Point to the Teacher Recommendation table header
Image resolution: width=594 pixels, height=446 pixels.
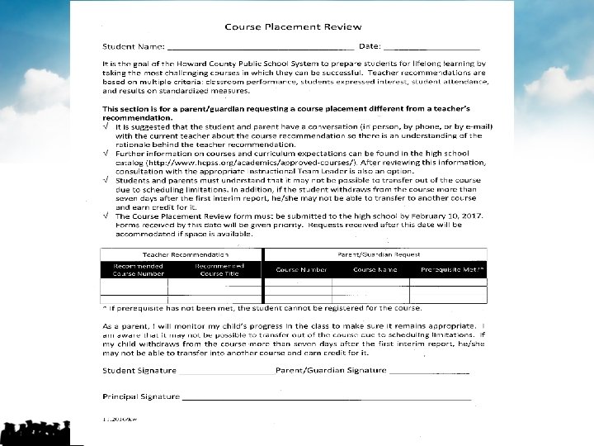tap(186, 254)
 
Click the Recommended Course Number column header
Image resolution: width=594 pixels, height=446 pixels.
tap(139, 269)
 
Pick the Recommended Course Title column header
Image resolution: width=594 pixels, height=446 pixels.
tap(219, 269)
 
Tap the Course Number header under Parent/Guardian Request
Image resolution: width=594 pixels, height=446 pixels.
tap(301, 269)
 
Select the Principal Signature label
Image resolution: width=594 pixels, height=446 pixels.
tap(141, 396)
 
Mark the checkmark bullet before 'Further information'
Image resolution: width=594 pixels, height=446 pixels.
tap(106, 154)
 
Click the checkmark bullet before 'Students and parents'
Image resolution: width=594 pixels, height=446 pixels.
tap(106, 179)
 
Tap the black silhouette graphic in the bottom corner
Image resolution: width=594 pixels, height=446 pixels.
tap(36, 432)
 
